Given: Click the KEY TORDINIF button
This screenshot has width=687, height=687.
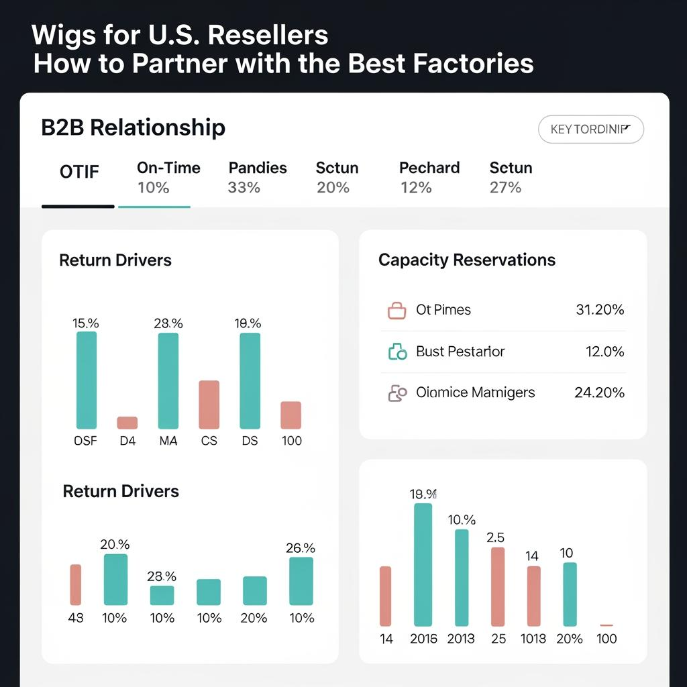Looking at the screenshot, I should click(x=590, y=129).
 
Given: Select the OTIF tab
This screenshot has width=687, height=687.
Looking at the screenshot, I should click(x=79, y=172).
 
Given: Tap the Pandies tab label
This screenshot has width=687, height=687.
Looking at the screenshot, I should click(x=258, y=168).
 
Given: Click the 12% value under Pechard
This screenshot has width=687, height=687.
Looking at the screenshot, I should click(x=416, y=187).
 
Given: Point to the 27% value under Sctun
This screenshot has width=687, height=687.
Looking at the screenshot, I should click(x=505, y=187).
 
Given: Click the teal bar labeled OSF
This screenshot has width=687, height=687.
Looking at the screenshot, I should click(x=87, y=380).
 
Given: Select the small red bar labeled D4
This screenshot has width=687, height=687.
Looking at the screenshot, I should click(x=127, y=423).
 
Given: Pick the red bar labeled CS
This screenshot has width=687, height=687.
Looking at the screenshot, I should click(x=209, y=405).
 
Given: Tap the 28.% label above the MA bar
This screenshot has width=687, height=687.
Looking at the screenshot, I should click(x=168, y=323).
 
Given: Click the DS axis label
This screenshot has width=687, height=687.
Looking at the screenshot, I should click(x=250, y=441).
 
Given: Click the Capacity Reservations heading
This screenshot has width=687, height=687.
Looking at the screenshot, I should click(x=467, y=260).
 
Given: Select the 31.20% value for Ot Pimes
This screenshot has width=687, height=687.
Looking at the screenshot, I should click(x=600, y=309).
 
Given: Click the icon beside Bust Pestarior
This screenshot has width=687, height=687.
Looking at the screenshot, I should click(x=397, y=352).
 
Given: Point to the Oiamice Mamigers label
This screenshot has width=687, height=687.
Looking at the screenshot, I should click(x=475, y=392).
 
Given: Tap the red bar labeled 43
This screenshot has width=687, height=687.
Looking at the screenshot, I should click(x=76, y=585).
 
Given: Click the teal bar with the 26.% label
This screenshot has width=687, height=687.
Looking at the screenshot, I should click(x=301, y=581).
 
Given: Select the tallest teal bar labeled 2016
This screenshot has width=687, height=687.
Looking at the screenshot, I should click(x=423, y=565).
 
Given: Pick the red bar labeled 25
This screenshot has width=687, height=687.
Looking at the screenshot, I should click(x=498, y=586).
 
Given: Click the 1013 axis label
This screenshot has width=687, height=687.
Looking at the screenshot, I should click(x=533, y=639).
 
